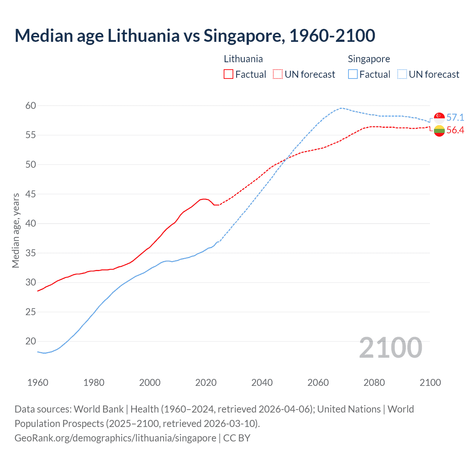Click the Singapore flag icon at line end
439,118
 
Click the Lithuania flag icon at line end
439,131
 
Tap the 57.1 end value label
455,118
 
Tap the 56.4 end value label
455,130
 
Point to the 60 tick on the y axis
31,106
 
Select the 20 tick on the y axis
31,341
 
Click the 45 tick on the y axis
31,194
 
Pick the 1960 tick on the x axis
38,383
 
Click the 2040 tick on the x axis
262,383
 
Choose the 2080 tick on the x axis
374,383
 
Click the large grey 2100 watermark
390,348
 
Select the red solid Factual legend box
228,74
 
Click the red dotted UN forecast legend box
278,74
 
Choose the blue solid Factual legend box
353,74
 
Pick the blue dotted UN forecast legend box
402,74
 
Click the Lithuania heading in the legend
243,59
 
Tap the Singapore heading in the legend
369,59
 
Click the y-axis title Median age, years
16,230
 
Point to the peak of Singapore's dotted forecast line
341,108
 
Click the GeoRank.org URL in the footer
115,438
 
